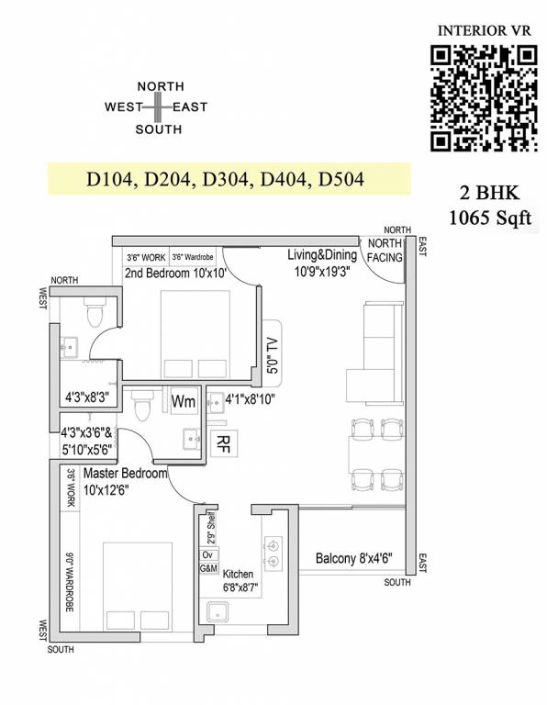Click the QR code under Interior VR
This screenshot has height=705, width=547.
click(x=484, y=97)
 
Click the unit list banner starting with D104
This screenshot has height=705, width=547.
click(x=226, y=179)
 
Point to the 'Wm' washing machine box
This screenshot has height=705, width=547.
click(x=184, y=401)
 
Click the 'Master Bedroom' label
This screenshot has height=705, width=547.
click(x=125, y=474)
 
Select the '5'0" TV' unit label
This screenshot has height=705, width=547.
click(x=272, y=349)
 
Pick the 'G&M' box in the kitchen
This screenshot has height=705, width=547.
click(x=207, y=569)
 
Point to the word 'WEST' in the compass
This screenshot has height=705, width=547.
click(x=122, y=107)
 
